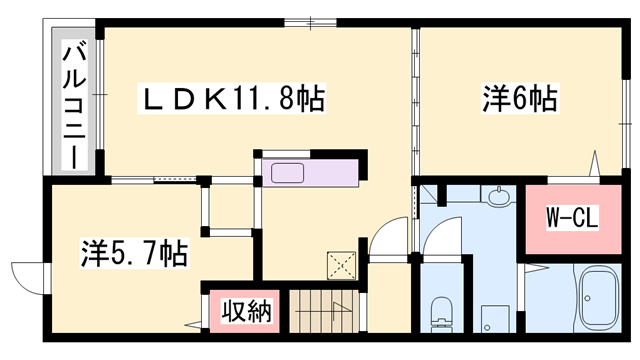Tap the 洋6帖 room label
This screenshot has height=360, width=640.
[520, 99]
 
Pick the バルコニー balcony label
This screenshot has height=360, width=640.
[73, 104]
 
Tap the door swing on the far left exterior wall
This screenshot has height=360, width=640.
[28, 275]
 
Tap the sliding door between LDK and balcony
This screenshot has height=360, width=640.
[101, 100]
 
